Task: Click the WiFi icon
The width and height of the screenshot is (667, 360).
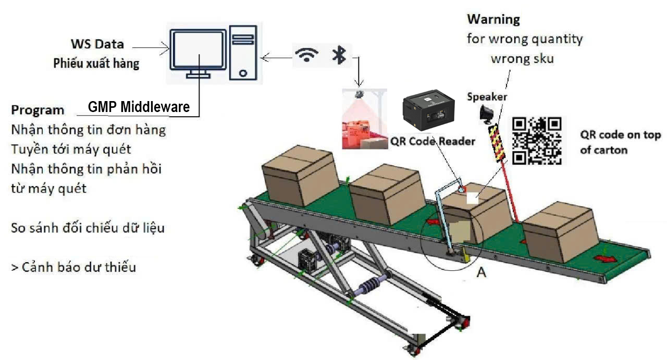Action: pyautogui.click(x=308, y=55)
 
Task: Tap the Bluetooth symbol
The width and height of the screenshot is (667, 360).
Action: pyautogui.click(x=339, y=55)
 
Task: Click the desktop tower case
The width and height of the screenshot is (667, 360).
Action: pyautogui.click(x=243, y=52)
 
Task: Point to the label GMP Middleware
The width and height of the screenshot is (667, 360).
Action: pyautogui.click(x=139, y=107)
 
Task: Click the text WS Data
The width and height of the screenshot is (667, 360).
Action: pyautogui.click(x=97, y=44)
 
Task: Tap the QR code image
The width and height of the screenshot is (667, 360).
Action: pyautogui.click(x=537, y=140)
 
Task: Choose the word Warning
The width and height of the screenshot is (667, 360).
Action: pyautogui.click(x=493, y=20)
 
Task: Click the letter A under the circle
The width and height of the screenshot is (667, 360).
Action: pyautogui.click(x=481, y=272)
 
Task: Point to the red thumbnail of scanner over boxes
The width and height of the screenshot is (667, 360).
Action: pyautogui.click(x=365, y=119)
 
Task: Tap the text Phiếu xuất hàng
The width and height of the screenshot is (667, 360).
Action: pyautogui.click(x=96, y=64)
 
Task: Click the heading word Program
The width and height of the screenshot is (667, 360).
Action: pyautogui.click(x=38, y=110)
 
